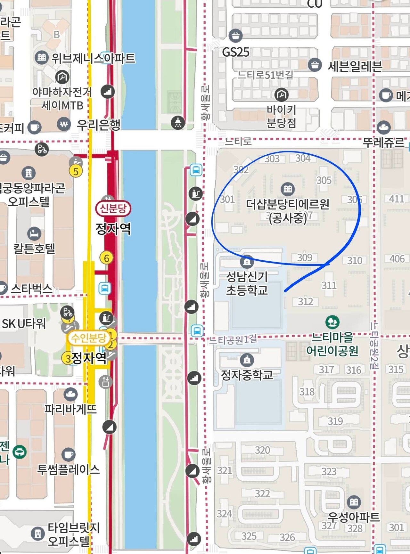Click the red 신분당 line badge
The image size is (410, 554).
113,209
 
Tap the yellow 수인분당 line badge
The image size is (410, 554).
88,338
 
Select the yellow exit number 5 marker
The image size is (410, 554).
76,171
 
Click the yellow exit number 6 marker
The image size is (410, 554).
106,258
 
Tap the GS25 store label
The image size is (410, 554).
235,52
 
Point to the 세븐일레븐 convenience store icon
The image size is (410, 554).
315,65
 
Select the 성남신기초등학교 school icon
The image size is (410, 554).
247,262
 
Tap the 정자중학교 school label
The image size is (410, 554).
247,375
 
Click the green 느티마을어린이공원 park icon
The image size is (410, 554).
332,322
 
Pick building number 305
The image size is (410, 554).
324,180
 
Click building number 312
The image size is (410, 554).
305,301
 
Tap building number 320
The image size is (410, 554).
262,450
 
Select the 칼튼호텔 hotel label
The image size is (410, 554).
34,248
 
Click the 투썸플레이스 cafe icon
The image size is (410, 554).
68,454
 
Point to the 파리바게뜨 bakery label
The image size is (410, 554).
70,409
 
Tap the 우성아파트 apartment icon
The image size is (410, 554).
354,501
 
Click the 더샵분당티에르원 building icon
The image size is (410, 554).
287,189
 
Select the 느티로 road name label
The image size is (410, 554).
238,141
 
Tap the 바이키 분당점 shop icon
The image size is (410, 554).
281,94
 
